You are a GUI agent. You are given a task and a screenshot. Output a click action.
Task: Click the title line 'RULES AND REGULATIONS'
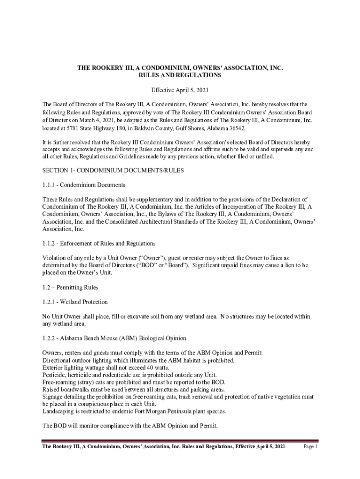(x=180, y=75)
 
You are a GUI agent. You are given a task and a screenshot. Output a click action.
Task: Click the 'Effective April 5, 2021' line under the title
(x=180, y=90)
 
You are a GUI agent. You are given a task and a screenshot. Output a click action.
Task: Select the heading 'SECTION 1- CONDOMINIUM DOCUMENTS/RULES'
(x=113, y=171)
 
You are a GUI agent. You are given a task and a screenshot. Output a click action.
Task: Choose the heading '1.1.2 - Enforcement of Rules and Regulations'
(x=99, y=244)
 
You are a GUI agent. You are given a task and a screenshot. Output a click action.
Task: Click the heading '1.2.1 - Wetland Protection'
(x=75, y=302)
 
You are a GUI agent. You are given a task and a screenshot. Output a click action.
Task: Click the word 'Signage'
(x=53, y=397)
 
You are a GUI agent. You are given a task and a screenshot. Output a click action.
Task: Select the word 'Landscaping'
(x=58, y=411)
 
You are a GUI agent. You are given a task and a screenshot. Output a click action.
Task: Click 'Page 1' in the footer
(x=310, y=447)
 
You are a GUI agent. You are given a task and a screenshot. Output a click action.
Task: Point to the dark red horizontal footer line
(x=180, y=441)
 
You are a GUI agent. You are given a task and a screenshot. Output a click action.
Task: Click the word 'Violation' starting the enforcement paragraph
(x=55, y=258)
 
